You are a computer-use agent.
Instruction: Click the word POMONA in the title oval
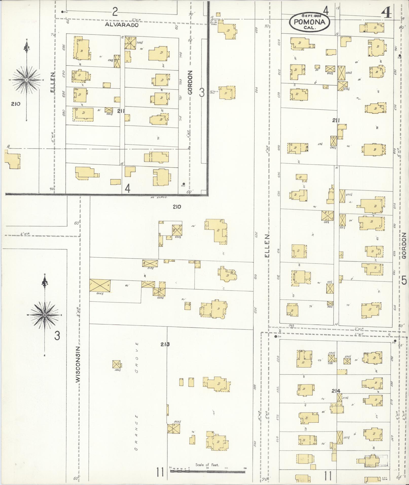[309, 22]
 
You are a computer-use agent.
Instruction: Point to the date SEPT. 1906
[310, 16]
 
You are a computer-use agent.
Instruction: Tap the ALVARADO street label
[122, 25]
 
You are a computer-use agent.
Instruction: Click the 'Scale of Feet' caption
[207, 465]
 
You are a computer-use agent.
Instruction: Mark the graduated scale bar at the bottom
[207, 471]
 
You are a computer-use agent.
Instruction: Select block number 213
[165, 344]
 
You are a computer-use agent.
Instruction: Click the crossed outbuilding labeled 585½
[116, 365]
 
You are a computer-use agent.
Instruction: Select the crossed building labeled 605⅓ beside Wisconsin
[100, 285]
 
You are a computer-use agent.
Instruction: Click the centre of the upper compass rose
[26, 80]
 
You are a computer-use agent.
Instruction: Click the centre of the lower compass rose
[45, 315]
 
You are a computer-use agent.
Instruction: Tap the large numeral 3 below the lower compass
[57, 336]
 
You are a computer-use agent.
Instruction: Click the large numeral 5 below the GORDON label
[404, 281]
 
